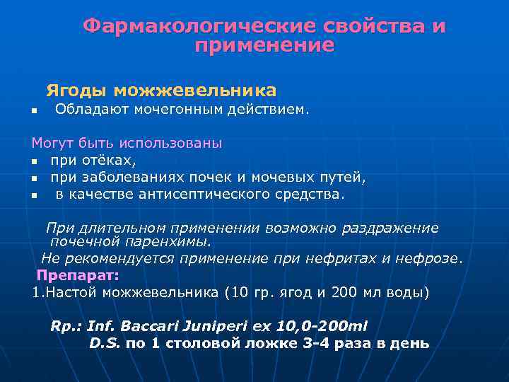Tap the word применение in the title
[x=264, y=46]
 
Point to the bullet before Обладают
[x=33, y=111]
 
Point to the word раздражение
[x=390, y=228]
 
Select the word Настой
[x=69, y=291]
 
